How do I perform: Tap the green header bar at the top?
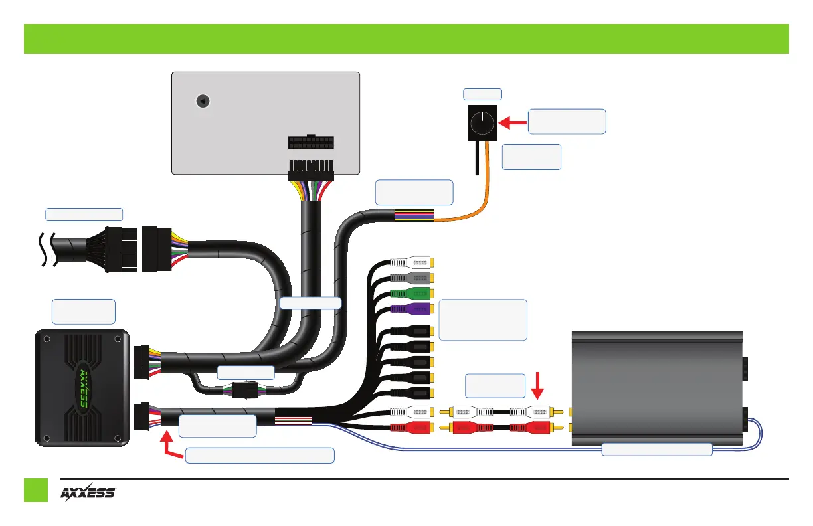click(x=406, y=39)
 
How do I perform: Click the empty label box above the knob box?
click(x=483, y=94)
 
